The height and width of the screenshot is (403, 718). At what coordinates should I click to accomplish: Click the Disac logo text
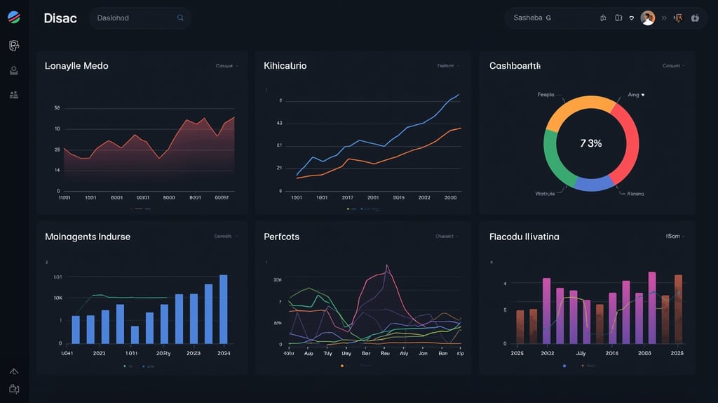[60, 18]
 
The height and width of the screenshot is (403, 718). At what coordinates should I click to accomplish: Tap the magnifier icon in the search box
[180, 18]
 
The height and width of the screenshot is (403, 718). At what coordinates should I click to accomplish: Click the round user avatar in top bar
[647, 18]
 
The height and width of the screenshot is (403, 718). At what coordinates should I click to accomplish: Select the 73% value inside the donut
[591, 143]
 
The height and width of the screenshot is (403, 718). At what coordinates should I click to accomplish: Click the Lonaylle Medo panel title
[76, 66]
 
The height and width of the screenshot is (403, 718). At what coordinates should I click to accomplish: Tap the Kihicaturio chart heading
[285, 66]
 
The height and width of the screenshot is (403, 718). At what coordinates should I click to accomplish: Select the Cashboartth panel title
[515, 66]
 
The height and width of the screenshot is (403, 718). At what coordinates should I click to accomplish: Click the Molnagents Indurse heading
[88, 237]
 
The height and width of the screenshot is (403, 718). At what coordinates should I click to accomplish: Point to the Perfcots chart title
[281, 237]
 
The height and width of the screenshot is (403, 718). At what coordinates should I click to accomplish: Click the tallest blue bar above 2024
[224, 309]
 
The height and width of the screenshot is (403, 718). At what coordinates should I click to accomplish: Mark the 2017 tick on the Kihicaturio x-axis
[348, 198]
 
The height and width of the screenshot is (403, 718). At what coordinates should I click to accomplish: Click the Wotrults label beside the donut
[545, 194]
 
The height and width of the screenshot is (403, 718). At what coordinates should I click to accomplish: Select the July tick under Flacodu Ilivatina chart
[580, 353]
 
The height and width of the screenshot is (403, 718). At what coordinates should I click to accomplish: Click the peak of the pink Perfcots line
[386, 266]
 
